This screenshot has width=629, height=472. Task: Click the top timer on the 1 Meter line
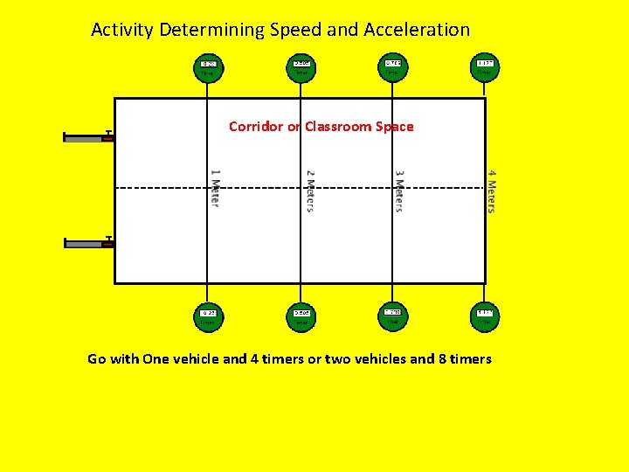point(209,67)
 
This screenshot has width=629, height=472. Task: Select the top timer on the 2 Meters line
point(301,67)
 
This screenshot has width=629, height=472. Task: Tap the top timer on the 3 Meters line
point(393,67)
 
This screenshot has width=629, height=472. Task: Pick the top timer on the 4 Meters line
point(485,67)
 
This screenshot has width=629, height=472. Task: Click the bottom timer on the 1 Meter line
point(208,316)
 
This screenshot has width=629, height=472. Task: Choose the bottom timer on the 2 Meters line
point(301,316)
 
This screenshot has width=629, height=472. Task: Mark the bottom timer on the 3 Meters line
point(393,316)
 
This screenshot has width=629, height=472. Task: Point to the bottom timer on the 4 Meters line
point(485,316)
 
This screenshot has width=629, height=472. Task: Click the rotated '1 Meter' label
point(215,187)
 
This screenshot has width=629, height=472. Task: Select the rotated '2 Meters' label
point(310,190)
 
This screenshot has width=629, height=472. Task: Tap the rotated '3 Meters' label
point(398,190)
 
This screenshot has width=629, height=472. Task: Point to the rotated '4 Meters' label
point(491,191)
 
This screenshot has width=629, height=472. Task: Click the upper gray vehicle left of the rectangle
point(88,136)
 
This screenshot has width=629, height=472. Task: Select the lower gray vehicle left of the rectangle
point(88,243)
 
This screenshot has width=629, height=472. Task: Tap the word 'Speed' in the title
point(295,30)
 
